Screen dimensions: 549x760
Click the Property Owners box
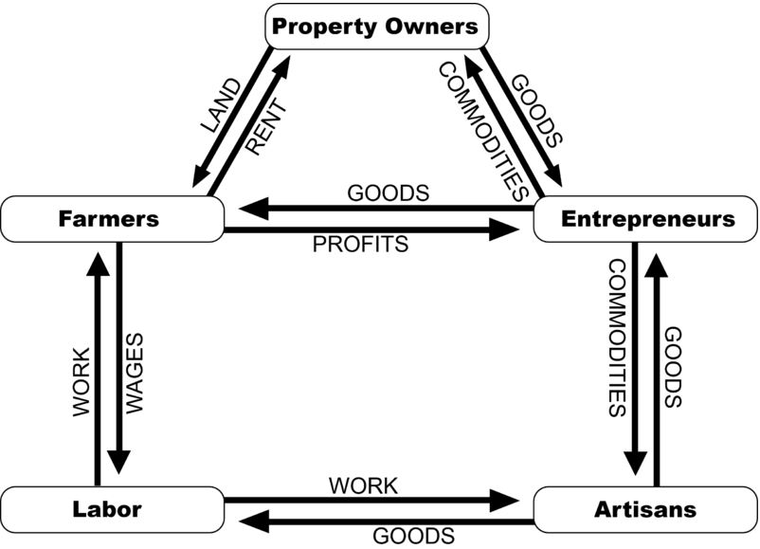point(375,27)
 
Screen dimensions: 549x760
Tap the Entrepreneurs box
point(647,219)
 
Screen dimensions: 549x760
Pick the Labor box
point(108,509)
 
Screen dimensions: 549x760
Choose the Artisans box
point(647,509)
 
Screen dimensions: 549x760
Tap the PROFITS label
point(360,245)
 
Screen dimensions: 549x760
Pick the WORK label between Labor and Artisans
point(363,485)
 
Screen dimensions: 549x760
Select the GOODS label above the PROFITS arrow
point(389,193)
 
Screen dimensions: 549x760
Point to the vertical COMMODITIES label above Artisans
point(616,339)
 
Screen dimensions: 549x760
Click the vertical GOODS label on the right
point(673,368)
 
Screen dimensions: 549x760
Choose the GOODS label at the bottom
point(407,536)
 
